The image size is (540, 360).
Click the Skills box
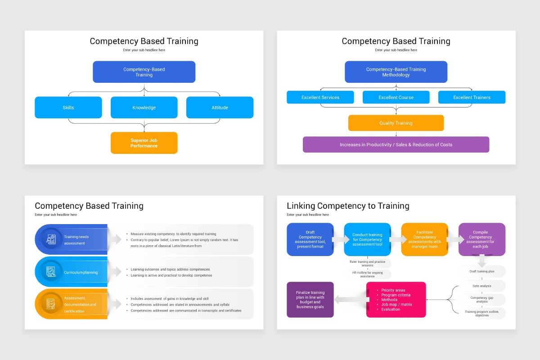click(x=68, y=108)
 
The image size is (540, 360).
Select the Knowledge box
click(x=144, y=108)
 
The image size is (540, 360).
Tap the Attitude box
click(x=220, y=108)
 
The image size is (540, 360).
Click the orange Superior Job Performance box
click(x=144, y=143)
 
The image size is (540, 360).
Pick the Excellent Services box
click(x=320, y=97)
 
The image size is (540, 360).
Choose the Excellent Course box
click(x=396, y=97)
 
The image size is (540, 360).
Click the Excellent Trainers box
click(x=472, y=97)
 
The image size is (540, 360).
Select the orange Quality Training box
click(x=396, y=123)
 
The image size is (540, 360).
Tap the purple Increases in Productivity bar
click(x=396, y=144)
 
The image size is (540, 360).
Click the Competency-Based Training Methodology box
click(x=396, y=72)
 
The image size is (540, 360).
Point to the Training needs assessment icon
click(x=51, y=239)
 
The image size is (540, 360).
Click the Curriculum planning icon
click(x=51, y=272)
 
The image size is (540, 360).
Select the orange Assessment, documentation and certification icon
click(x=51, y=304)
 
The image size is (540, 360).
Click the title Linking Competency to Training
click(x=348, y=206)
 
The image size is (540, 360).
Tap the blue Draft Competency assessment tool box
click(x=310, y=239)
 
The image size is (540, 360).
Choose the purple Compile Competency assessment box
click(x=481, y=239)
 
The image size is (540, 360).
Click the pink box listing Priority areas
click(x=396, y=300)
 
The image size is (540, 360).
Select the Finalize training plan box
click(x=310, y=300)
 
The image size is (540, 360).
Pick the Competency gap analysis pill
click(x=482, y=300)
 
